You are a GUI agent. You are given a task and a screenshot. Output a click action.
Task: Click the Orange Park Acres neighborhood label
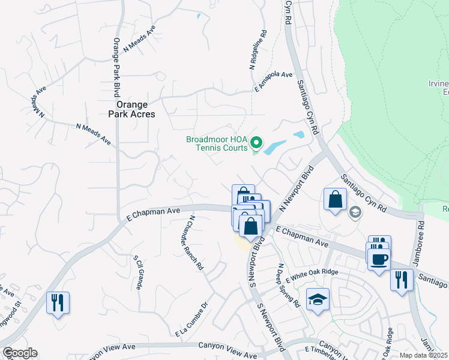[127, 109]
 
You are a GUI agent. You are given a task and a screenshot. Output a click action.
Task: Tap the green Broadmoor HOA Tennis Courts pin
[256, 143]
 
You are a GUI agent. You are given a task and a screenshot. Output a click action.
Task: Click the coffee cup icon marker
[378, 260]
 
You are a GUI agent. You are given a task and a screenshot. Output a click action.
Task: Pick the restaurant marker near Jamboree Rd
[400, 280]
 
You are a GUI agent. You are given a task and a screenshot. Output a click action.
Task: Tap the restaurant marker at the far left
[58, 302]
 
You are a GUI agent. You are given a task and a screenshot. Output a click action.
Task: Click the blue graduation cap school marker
[318, 299]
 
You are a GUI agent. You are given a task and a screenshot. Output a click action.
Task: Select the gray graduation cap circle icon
[355, 211]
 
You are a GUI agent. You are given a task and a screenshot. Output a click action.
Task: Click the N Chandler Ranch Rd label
[196, 244]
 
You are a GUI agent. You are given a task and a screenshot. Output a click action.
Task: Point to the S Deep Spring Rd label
[288, 286]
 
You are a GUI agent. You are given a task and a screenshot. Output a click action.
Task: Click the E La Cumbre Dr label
[191, 318]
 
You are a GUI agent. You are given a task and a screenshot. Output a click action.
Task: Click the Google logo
[20, 353]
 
